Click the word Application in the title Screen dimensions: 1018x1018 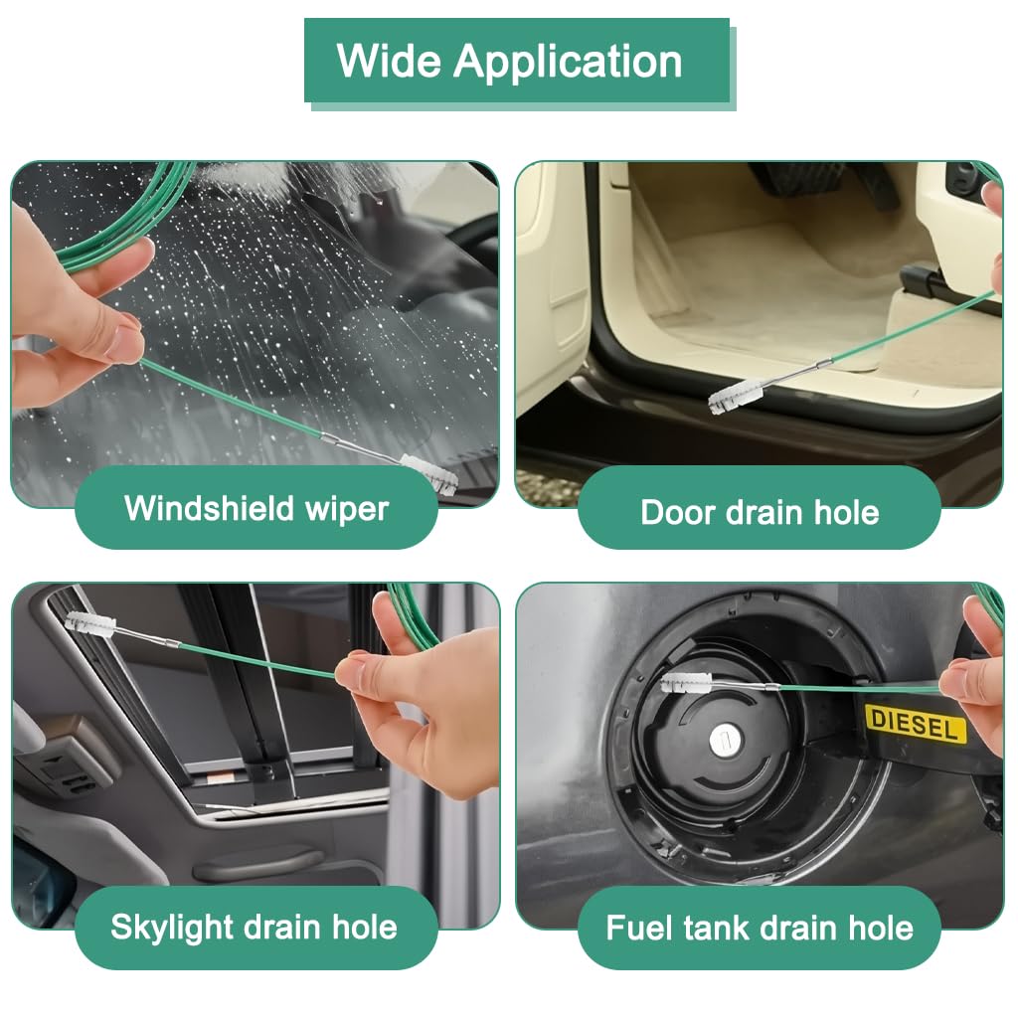569,62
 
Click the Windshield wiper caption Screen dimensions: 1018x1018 256,509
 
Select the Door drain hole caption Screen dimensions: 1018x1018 760,513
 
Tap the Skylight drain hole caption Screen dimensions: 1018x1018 254,928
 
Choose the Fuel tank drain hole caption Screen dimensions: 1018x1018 760,929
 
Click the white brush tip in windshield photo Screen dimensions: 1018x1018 430,471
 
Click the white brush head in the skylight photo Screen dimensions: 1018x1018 90,626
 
